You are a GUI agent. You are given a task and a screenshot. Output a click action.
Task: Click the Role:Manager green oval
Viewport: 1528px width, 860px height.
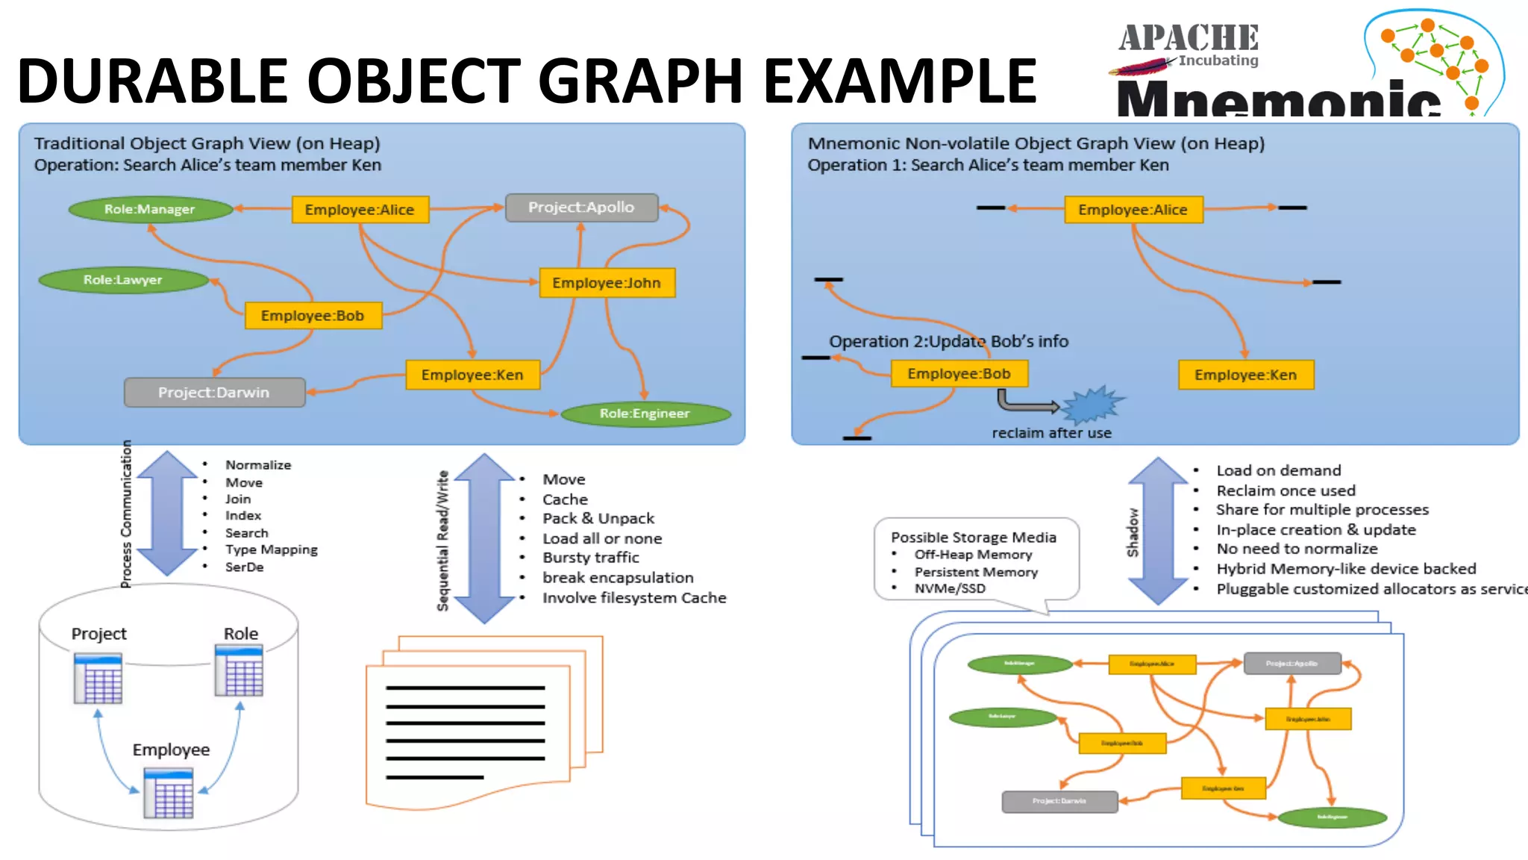tap(150, 210)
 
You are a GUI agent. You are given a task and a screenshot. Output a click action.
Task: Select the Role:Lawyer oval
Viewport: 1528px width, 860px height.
tap(123, 280)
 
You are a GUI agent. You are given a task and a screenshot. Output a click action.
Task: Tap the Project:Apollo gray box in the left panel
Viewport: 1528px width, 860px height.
tap(581, 208)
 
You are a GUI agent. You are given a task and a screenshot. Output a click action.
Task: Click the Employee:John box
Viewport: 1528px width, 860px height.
tap(607, 283)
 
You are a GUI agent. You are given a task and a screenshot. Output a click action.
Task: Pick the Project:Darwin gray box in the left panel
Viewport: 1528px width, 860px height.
tap(214, 393)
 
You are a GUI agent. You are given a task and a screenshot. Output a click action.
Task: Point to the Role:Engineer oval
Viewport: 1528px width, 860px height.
tap(645, 414)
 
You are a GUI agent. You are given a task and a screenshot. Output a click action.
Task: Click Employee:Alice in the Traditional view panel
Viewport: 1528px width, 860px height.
tap(360, 210)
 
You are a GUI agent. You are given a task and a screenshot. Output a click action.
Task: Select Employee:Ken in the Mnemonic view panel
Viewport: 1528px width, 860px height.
tap(1245, 375)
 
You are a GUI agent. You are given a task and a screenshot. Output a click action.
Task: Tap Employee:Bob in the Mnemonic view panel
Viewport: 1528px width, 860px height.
tap(959, 373)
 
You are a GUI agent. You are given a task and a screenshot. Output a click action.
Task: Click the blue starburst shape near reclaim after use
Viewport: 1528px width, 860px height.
tap(1092, 405)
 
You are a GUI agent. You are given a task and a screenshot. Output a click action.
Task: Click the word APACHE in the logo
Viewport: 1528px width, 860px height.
tap(1188, 37)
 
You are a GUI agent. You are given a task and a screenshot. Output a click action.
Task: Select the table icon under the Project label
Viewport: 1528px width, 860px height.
tap(98, 679)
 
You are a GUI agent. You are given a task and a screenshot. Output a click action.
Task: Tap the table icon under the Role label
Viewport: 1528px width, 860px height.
tap(239, 671)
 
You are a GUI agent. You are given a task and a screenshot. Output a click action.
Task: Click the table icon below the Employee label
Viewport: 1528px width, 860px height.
tap(169, 793)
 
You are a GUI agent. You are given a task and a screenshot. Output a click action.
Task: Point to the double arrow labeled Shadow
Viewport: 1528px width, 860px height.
tap(1157, 531)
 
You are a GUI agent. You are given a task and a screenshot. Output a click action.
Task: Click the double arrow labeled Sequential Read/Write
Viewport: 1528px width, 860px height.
tap(484, 538)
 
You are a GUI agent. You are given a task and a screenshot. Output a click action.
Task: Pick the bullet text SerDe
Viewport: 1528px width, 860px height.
tap(245, 567)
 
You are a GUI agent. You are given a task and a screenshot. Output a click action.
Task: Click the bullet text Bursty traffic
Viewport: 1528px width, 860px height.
tap(591, 558)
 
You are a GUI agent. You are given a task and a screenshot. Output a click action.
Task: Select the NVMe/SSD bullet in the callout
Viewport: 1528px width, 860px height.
tap(950, 588)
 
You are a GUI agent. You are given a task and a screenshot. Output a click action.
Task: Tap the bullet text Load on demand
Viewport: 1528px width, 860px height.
tap(1279, 470)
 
